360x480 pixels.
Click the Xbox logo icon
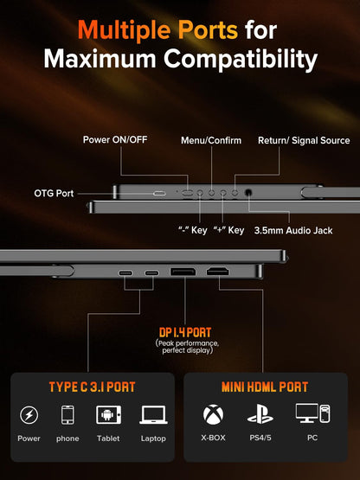(213, 415)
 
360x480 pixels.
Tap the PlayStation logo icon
(260, 414)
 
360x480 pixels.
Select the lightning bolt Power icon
(29, 415)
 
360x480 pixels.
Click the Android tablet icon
(108, 415)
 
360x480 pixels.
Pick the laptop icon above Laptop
(153, 415)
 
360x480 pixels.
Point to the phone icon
(67, 415)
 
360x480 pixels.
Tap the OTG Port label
(54, 194)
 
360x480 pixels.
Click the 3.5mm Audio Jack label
(293, 231)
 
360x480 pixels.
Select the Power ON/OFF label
(115, 139)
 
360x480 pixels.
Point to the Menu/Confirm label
(211, 140)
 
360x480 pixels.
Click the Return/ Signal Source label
(304, 140)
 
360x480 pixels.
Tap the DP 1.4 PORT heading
(185, 333)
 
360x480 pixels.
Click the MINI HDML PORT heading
(265, 387)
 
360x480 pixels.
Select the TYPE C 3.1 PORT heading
(93, 387)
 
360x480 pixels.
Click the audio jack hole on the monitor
(248, 193)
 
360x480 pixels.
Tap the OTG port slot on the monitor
(159, 194)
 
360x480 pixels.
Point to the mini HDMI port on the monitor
(217, 271)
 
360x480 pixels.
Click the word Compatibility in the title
(241, 59)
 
